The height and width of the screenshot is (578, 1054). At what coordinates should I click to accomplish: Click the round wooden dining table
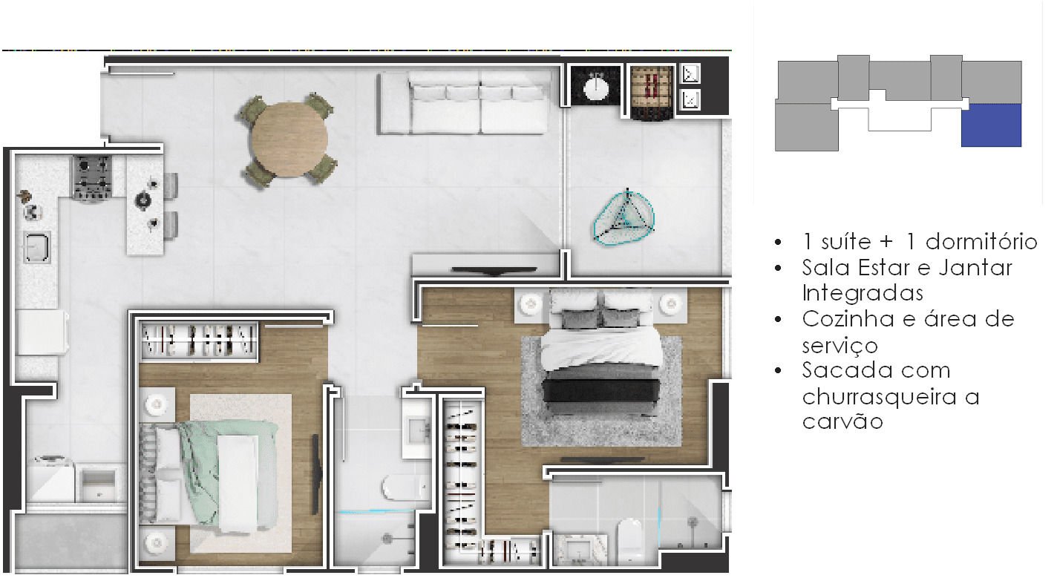[289, 139]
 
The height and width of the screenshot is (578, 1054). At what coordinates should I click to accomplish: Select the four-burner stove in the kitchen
[92, 178]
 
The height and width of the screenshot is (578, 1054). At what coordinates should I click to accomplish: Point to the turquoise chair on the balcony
[624, 217]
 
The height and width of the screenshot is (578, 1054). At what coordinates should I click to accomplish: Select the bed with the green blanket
[209, 475]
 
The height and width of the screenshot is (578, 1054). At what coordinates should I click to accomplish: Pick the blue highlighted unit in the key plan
[991, 125]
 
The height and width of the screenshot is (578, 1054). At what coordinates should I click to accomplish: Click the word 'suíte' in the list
[846, 242]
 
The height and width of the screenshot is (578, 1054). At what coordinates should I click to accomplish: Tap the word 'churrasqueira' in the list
[879, 397]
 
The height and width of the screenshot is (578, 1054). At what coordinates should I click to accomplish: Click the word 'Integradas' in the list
[862, 293]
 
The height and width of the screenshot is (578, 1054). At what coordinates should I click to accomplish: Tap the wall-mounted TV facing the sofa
[494, 270]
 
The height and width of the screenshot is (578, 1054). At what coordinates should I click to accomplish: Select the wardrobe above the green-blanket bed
[200, 342]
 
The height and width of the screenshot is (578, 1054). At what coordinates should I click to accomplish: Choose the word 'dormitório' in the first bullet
[981, 242]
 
